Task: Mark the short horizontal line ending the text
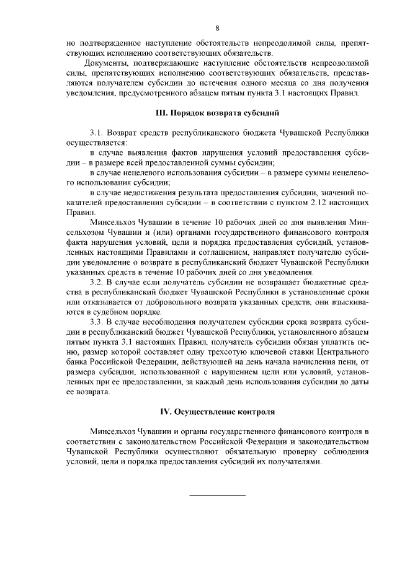[217, 495]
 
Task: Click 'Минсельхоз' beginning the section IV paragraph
[115, 431]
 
